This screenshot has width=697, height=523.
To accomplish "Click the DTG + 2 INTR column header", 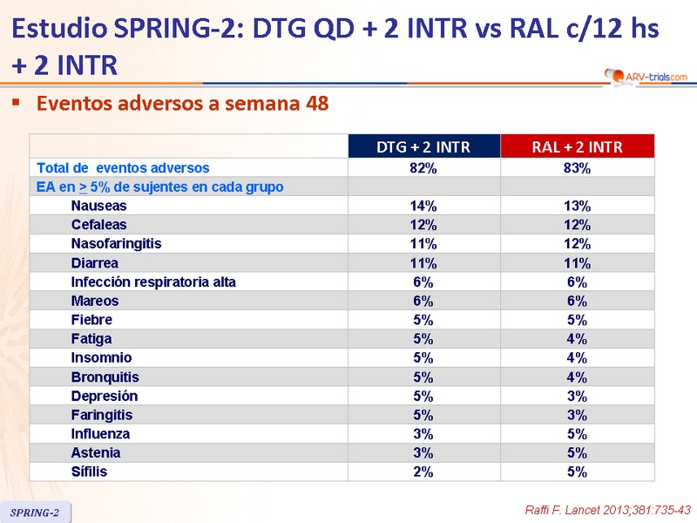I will (x=423, y=146).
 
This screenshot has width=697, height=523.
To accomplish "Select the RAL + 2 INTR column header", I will (x=577, y=146).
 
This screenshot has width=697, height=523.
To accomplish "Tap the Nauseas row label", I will (x=98, y=206).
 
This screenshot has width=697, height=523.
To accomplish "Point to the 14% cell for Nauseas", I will (x=423, y=206).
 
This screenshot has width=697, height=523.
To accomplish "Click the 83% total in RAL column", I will (x=577, y=167).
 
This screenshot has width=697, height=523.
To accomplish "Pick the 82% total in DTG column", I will (x=423, y=167).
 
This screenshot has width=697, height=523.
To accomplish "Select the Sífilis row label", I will (x=89, y=472).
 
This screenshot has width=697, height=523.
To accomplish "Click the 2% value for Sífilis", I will (x=423, y=472).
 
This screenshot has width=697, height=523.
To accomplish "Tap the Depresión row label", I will (x=105, y=396).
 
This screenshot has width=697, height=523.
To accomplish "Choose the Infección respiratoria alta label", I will (x=153, y=282).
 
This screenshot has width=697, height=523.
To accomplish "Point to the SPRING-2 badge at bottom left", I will (x=35, y=513).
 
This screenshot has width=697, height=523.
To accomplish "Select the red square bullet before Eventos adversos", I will (x=16, y=103).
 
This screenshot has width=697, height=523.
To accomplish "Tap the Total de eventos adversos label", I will (x=123, y=167).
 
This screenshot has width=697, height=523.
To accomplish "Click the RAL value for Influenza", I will (x=577, y=433).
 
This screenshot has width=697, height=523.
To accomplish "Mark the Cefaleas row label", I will (x=99, y=225).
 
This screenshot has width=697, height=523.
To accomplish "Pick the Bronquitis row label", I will (x=105, y=377).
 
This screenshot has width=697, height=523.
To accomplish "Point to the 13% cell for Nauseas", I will (x=577, y=206).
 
